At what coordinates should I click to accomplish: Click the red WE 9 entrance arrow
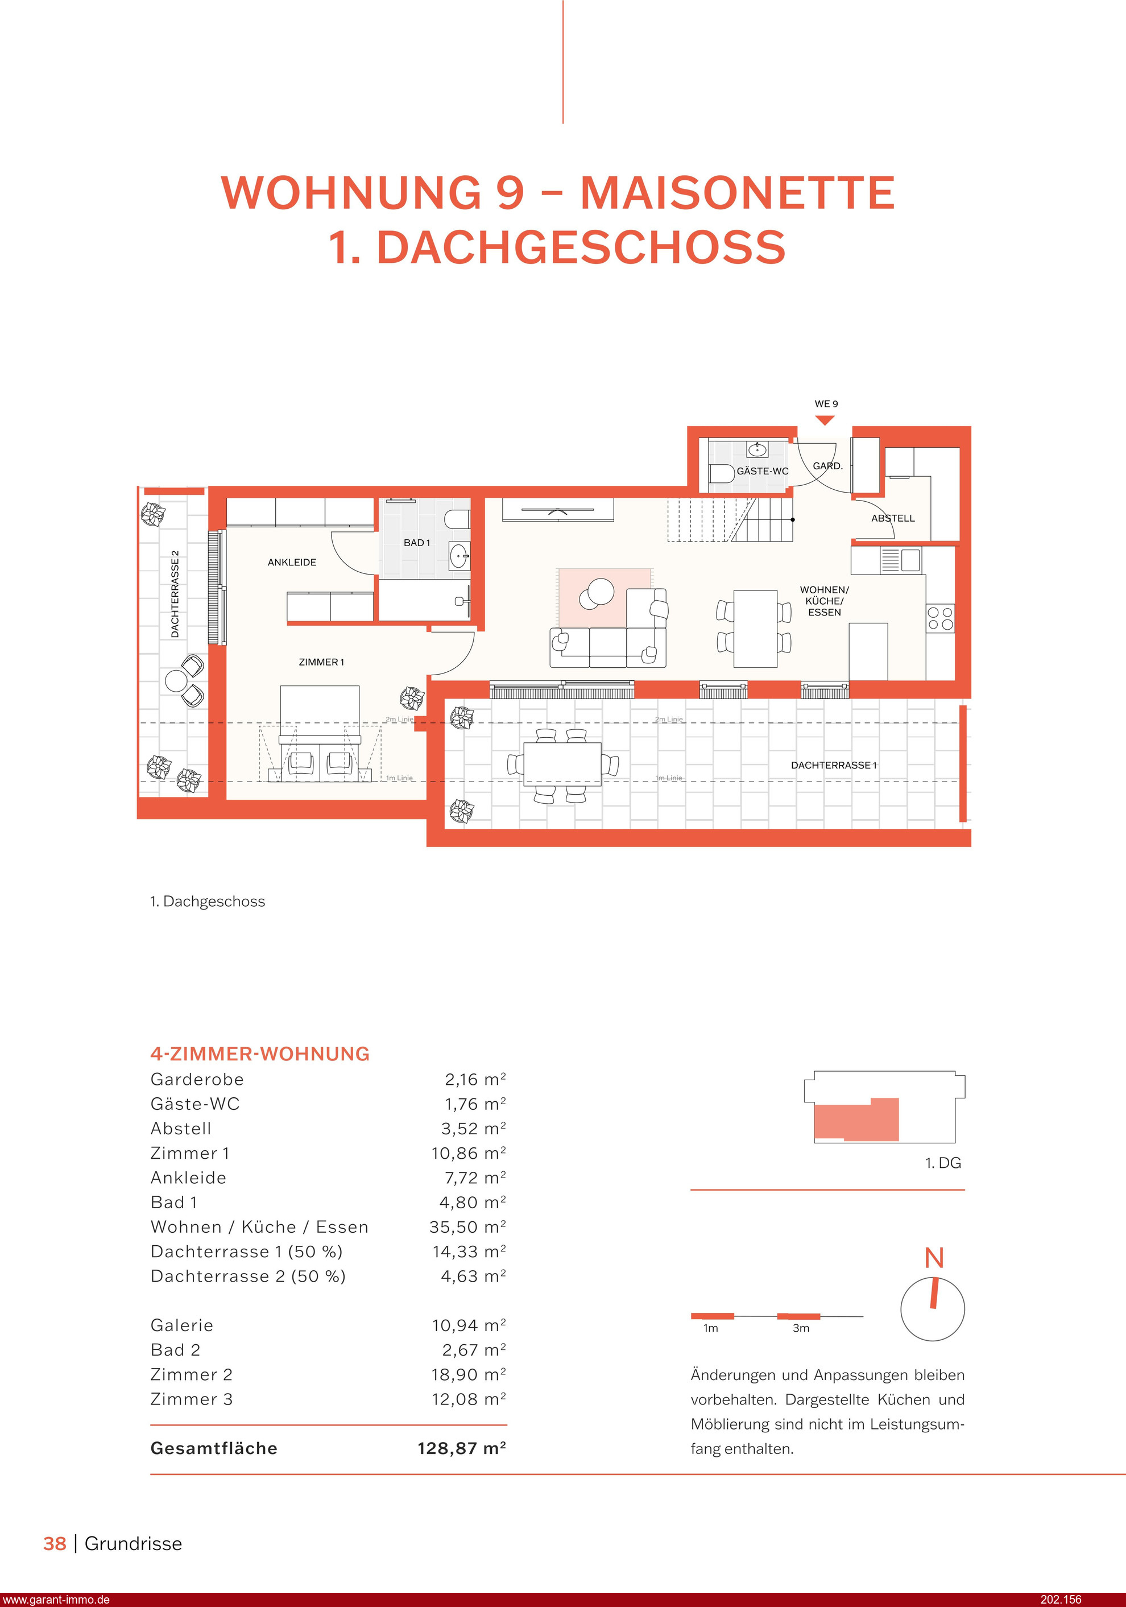point(825,420)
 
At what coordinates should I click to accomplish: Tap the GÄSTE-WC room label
point(762,471)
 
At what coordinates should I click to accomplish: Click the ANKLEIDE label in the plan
point(292,562)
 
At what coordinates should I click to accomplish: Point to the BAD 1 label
point(417,543)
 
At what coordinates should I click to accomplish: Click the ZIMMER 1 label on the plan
point(321,662)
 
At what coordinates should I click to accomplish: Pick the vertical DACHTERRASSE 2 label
point(175,594)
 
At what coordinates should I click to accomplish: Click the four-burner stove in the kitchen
point(940,619)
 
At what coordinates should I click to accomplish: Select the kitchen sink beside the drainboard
point(910,559)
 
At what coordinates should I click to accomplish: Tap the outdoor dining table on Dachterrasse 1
point(562,765)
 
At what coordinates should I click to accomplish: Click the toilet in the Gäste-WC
point(721,473)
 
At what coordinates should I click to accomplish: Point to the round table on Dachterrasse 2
point(176,680)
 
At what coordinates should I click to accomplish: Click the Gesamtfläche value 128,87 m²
point(461,1448)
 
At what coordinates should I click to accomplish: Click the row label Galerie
point(182,1325)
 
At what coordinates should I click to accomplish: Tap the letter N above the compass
point(934,1258)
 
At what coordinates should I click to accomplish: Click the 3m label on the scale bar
point(801,1328)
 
